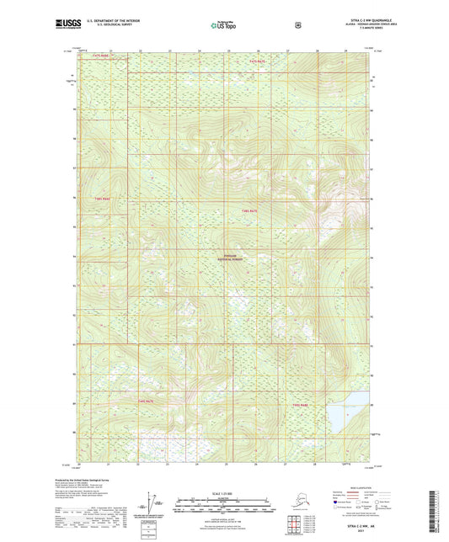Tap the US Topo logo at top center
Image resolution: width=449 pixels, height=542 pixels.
224,25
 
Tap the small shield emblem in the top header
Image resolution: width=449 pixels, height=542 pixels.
297,25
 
